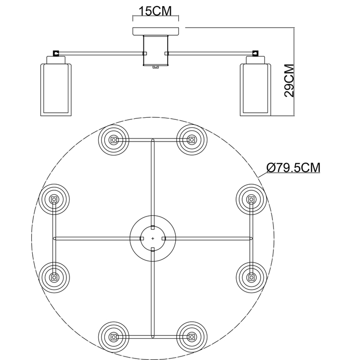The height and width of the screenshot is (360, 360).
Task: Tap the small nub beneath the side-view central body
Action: [155, 66]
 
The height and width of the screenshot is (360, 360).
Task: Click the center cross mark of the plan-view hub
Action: [153, 238]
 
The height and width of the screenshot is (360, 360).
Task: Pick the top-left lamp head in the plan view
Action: [114, 139]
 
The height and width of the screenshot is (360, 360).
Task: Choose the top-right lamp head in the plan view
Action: [191, 139]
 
